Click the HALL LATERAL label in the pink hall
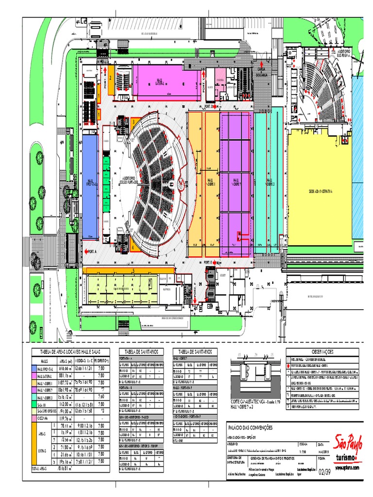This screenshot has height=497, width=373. click(160, 81)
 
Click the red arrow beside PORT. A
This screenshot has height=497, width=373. click(86, 251)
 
